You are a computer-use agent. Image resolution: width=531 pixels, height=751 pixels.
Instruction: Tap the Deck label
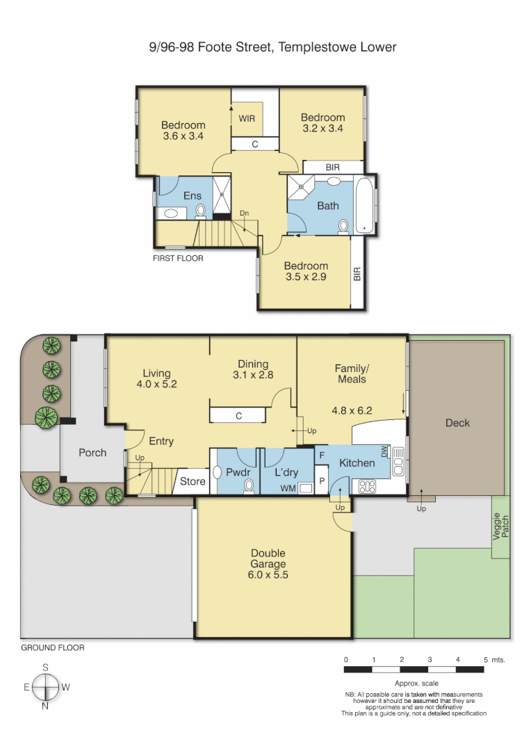point(457,423)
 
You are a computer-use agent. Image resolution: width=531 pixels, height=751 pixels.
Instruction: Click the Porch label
point(92,453)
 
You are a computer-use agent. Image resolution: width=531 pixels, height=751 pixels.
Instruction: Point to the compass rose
point(46,687)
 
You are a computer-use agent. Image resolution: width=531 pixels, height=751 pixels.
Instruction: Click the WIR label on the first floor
point(247,119)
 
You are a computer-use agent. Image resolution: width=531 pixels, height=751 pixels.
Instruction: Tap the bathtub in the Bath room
point(363,207)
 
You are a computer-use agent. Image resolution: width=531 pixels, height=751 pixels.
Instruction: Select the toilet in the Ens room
point(201,211)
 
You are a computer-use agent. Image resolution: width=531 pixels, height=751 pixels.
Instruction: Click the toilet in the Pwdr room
point(250,487)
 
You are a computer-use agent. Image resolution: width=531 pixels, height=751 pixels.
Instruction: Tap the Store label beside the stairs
point(193,481)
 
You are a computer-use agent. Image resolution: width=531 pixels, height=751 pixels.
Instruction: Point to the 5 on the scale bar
point(484,659)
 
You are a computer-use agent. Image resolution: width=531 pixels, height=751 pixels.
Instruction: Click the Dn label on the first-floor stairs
point(244,213)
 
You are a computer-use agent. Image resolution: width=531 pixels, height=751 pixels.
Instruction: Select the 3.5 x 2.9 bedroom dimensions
point(306,277)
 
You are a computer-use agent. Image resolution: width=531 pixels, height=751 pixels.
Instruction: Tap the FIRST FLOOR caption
point(178,258)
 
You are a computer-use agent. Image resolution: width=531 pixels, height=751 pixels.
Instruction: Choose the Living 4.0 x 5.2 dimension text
point(156,384)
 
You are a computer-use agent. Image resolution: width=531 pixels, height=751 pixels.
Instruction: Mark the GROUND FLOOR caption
point(53,647)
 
